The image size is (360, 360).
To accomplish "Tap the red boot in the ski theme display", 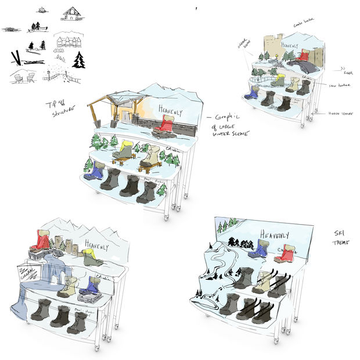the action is point(285,253).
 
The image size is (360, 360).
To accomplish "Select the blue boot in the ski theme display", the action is point(258,249).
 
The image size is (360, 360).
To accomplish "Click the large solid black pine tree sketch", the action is point(78,59).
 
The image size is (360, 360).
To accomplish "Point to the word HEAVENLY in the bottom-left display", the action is point(96,243).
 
